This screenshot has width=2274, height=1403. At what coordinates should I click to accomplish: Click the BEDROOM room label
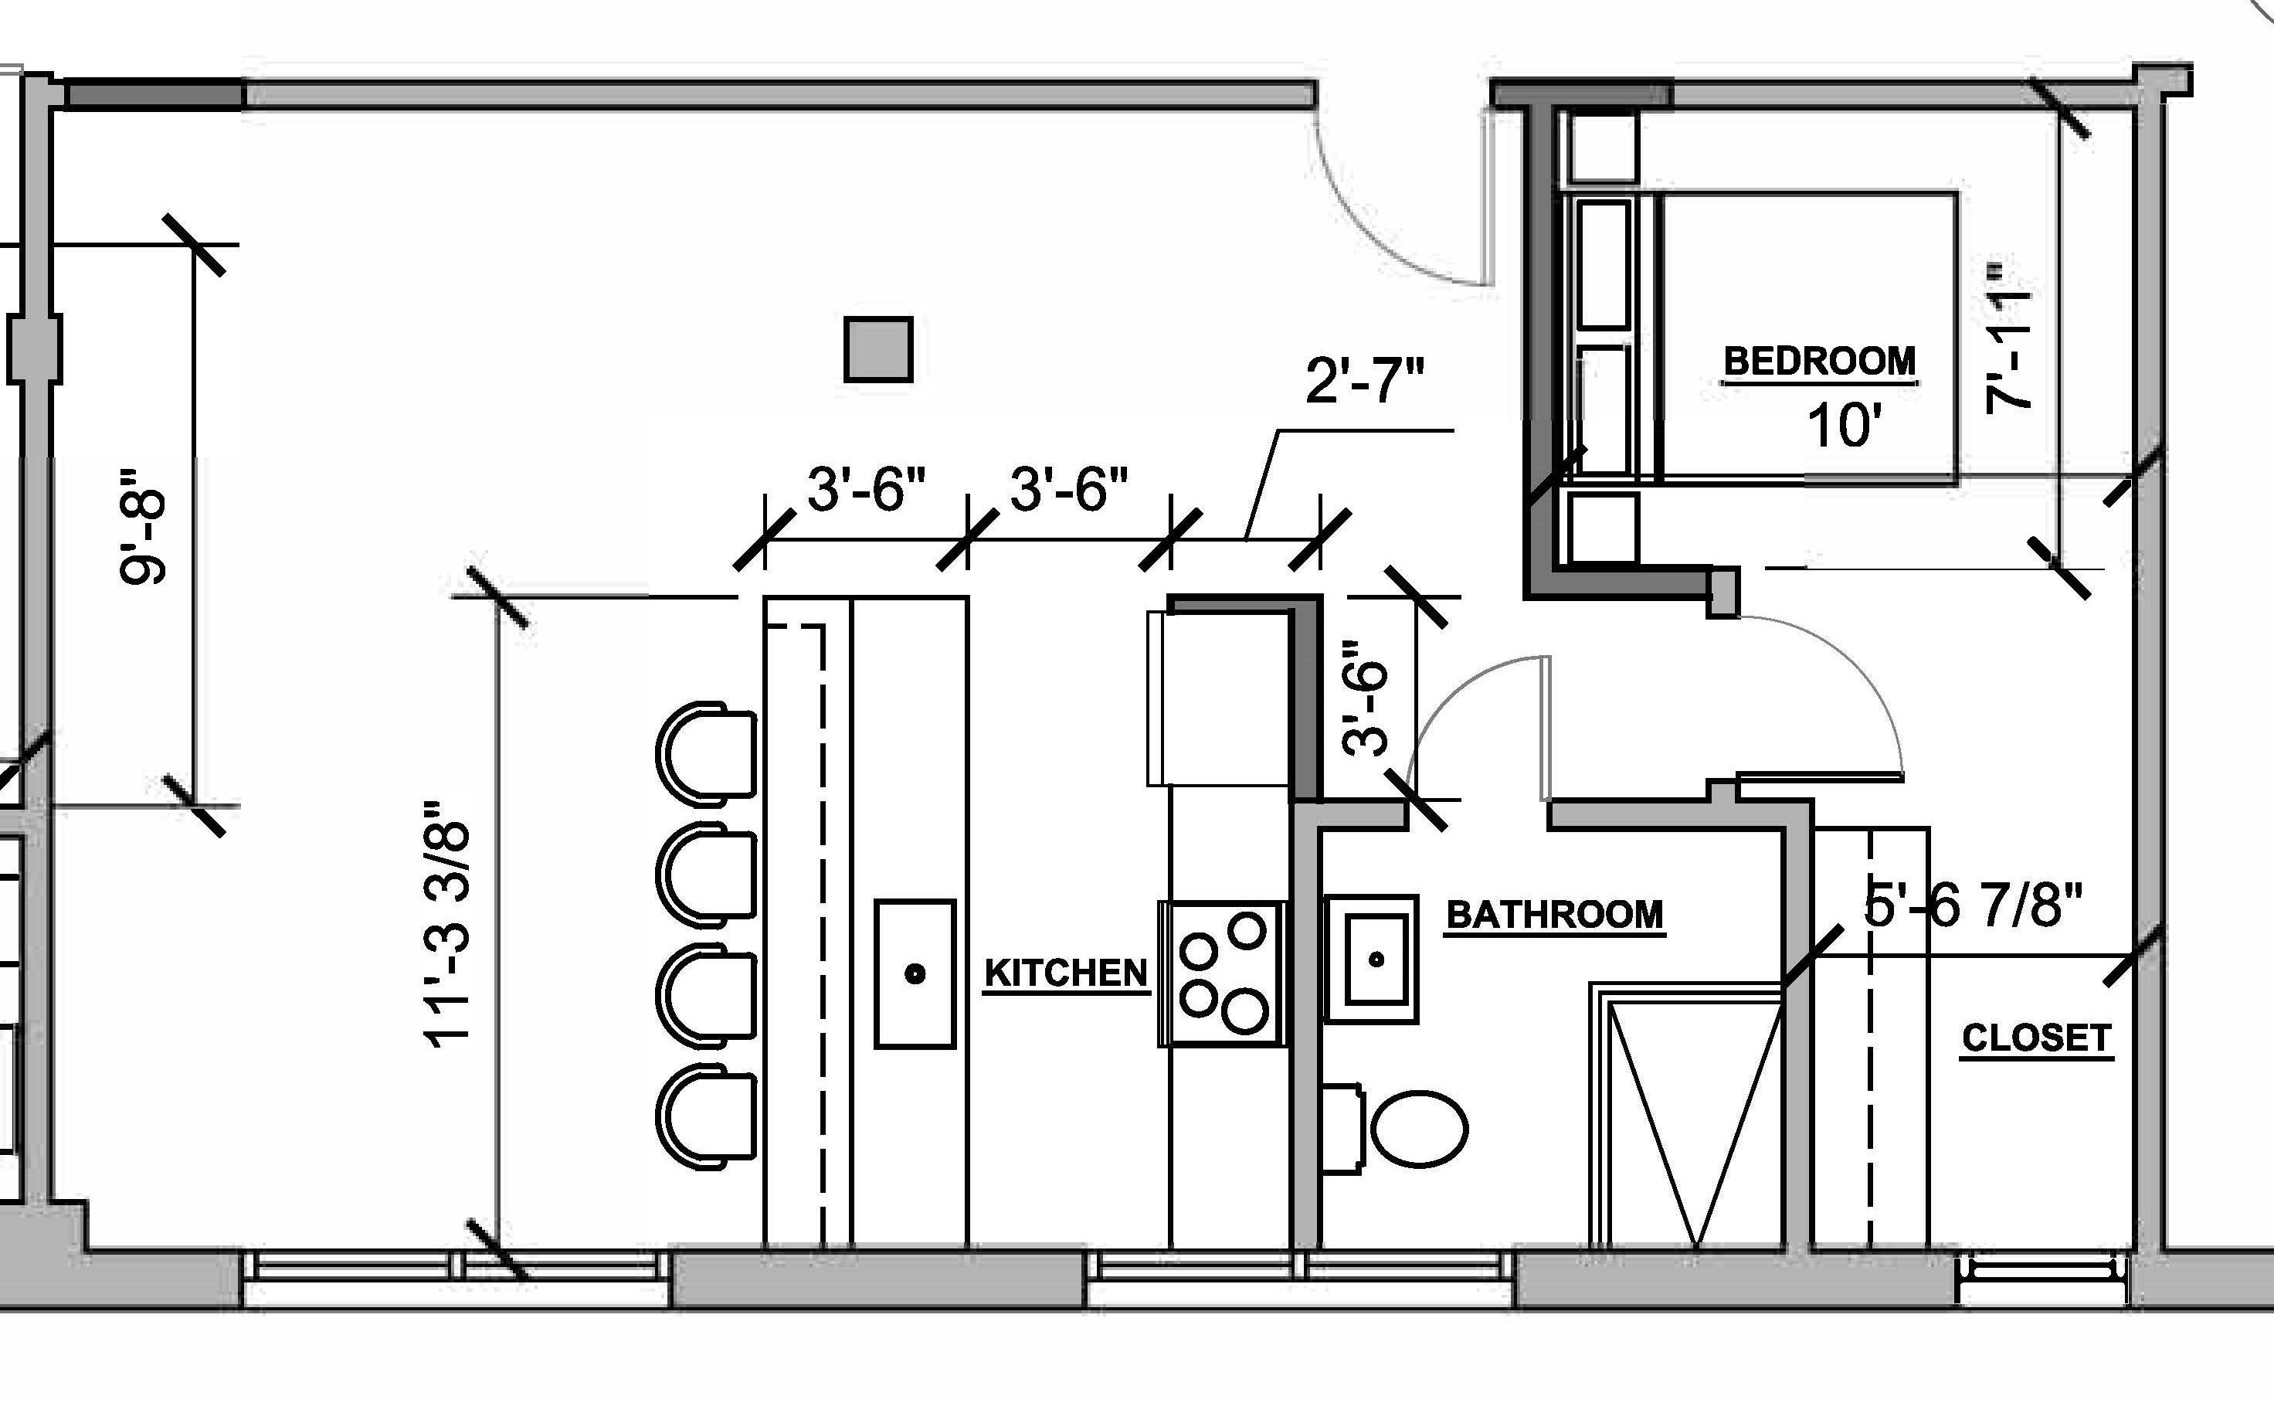click(x=1819, y=361)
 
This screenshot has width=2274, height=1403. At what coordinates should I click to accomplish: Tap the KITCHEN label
click(x=1066, y=973)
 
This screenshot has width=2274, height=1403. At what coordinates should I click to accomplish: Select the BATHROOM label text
click(x=1555, y=915)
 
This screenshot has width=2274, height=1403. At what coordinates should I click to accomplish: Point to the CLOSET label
click(x=2037, y=1038)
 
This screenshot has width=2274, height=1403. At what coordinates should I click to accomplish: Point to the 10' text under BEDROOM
click(x=1845, y=426)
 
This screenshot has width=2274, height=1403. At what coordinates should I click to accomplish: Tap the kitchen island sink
click(x=915, y=973)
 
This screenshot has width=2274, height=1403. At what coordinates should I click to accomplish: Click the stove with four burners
click(x=1222, y=973)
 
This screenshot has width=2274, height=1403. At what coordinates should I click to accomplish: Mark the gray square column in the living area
click(x=877, y=349)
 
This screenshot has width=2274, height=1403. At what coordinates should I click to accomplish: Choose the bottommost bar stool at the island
click(x=706, y=1114)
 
